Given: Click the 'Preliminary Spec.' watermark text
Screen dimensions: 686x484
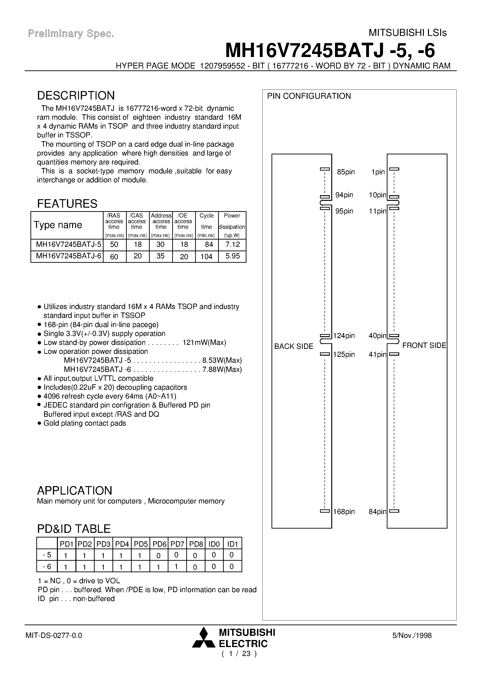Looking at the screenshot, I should point(71,34).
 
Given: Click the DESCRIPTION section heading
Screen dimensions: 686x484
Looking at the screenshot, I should point(76,96).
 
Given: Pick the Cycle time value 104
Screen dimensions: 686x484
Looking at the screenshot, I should point(206,256).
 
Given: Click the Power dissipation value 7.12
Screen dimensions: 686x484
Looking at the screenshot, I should point(232,244).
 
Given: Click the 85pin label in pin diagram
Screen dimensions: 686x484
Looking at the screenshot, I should point(346,172).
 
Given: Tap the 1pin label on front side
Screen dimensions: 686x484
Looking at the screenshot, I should point(378,172).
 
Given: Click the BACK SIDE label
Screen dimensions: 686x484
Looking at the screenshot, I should point(294,346).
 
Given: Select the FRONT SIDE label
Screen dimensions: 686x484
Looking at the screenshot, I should point(424,345).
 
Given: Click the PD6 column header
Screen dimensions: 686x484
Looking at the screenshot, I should point(159,544).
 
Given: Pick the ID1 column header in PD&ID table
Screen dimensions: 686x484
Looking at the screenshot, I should point(232,544).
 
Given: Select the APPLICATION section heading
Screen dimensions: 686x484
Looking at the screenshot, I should point(74,490).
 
